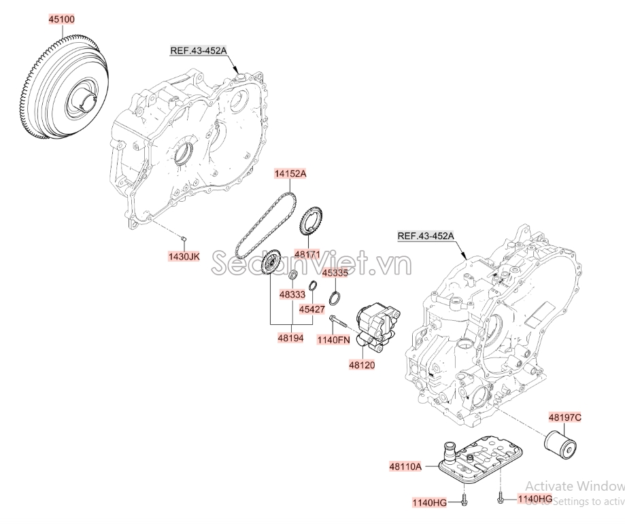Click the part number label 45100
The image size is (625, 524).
61,19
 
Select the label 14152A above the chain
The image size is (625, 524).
290,174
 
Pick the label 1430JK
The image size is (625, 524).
184,256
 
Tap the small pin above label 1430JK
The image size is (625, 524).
184,237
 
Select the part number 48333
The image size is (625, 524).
292,294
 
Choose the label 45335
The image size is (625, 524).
335,273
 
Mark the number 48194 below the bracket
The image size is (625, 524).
291,337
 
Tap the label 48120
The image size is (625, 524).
361,365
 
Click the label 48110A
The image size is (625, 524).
406,466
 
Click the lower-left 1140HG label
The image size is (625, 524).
429,502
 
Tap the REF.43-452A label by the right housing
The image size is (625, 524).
426,236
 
